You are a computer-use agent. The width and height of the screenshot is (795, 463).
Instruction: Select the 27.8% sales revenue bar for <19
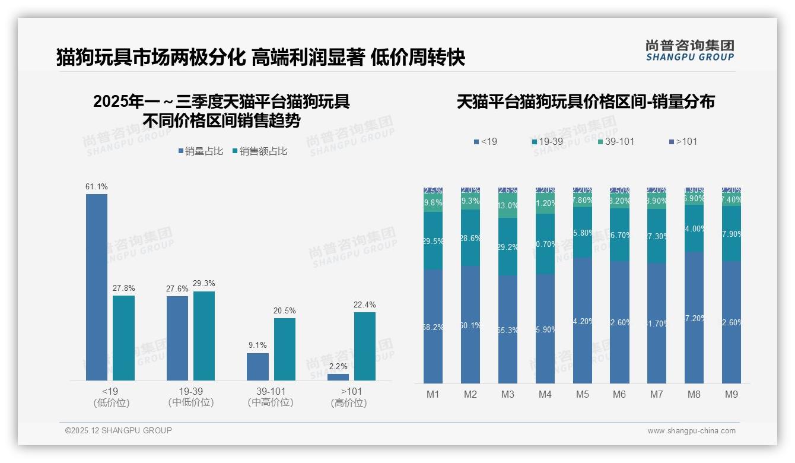click(123, 338)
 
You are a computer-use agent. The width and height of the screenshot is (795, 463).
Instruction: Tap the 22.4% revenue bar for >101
click(364, 346)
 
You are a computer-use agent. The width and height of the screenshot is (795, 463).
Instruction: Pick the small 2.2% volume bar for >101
click(338, 377)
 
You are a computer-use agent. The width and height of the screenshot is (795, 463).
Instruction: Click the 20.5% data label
click(284, 310)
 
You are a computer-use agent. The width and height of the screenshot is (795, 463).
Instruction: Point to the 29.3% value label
click(204, 284)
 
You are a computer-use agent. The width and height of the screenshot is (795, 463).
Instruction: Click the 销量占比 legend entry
click(201, 151)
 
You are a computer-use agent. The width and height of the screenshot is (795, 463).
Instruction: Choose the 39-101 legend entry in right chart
click(616, 141)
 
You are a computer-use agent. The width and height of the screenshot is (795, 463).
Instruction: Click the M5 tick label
click(582, 394)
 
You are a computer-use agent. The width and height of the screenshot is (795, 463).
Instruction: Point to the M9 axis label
click(732, 394)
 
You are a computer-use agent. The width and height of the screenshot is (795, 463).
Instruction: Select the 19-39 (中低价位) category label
click(190, 397)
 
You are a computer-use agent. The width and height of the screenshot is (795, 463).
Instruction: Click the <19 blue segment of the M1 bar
click(433, 326)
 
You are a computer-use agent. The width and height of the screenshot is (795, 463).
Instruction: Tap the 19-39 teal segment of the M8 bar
click(694, 228)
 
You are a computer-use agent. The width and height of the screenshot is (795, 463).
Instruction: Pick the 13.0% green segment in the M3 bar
click(508, 206)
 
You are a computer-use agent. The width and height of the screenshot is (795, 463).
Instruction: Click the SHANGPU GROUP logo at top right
click(690, 50)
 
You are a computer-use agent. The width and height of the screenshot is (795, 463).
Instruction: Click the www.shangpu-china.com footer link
click(691, 431)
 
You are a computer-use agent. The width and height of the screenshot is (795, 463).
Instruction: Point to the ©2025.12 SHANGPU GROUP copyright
click(119, 430)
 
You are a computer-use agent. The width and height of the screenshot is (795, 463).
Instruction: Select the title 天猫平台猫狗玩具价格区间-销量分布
click(586, 102)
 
